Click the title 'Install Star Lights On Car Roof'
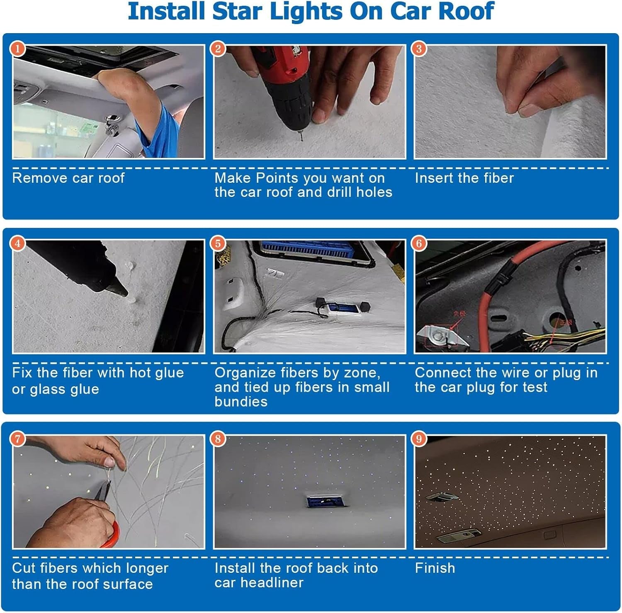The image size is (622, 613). click(x=311, y=12)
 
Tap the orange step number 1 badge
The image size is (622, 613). click(x=17, y=49)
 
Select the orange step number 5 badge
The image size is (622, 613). click(x=218, y=244)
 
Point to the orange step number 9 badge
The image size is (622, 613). click(x=419, y=439)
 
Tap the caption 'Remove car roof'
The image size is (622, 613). click(x=68, y=178)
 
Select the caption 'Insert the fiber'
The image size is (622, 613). click(x=464, y=178)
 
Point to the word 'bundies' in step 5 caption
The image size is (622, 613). click(x=241, y=402)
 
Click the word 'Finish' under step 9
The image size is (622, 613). click(x=435, y=568)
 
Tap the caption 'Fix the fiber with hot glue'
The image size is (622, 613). click(x=98, y=373)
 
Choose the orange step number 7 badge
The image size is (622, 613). click(x=17, y=439)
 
